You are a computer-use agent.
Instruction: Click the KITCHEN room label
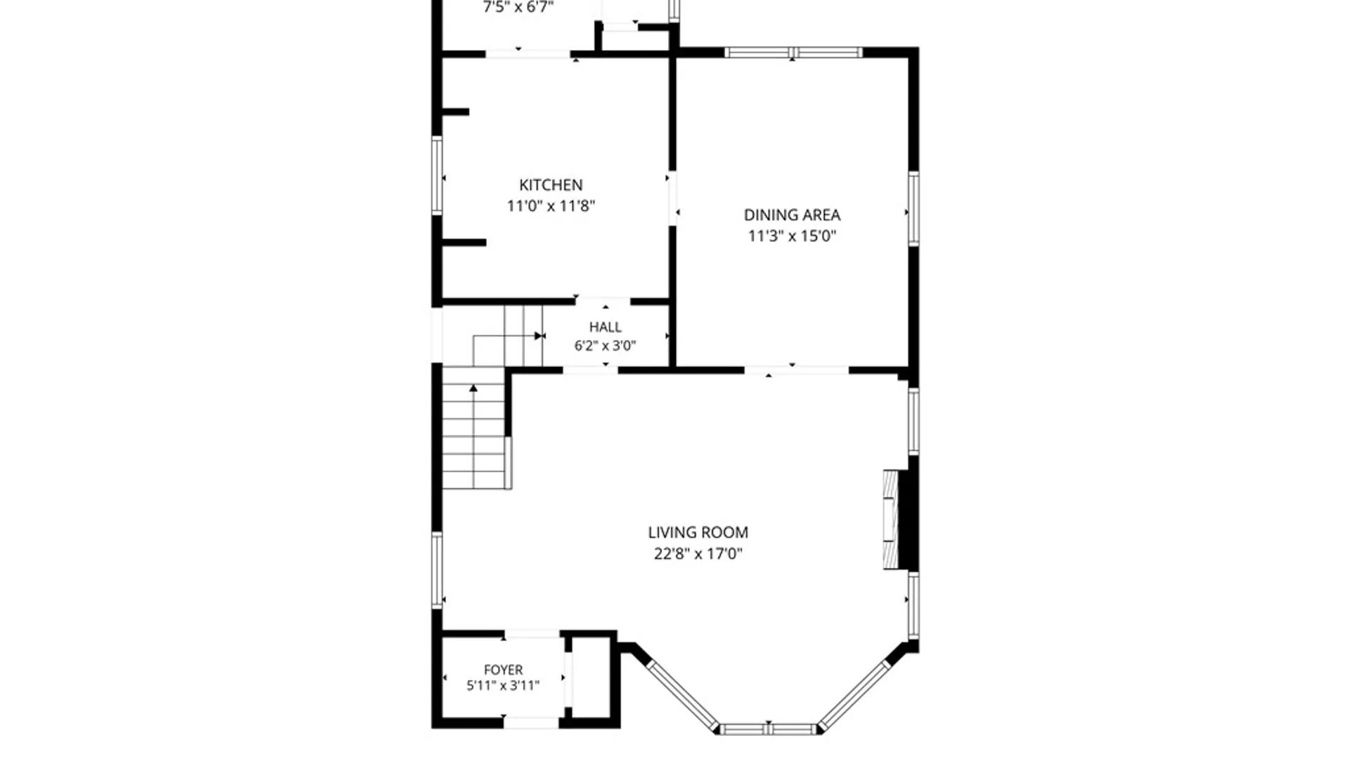click(551, 185)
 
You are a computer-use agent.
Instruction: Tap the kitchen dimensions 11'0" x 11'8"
click(551, 206)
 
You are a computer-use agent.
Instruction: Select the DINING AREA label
click(792, 215)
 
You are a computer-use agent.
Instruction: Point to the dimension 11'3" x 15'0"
click(792, 236)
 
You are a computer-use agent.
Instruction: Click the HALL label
click(605, 327)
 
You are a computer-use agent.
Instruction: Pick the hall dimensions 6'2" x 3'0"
click(605, 346)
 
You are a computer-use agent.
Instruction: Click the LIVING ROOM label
click(698, 533)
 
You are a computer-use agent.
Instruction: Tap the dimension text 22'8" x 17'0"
click(698, 554)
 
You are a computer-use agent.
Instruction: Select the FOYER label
click(503, 670)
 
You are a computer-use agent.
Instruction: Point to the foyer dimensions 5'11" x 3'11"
click(503, 685)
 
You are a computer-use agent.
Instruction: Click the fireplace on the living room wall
click(891, 519)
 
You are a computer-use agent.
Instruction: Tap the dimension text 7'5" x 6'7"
click(518, 7)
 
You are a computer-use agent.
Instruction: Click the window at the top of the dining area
click(793, 52)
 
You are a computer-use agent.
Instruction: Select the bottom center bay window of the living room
click(769, 729)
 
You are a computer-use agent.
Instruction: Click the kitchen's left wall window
click(437, 175)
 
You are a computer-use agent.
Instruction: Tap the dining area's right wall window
click(913, 209)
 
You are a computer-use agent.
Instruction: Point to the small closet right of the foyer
click(591, 677)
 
